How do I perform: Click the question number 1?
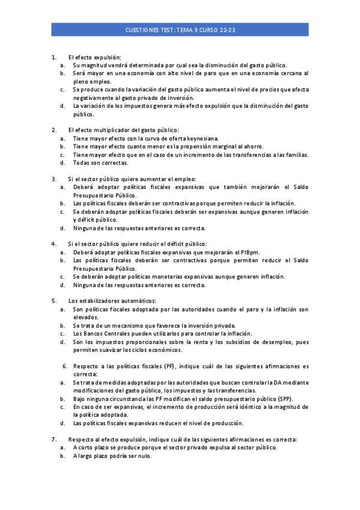point(54,57)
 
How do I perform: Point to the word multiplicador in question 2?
point(113,130)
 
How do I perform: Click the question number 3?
point(54,179)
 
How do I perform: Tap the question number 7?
point(54,439)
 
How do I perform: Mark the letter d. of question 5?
point(63,342)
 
